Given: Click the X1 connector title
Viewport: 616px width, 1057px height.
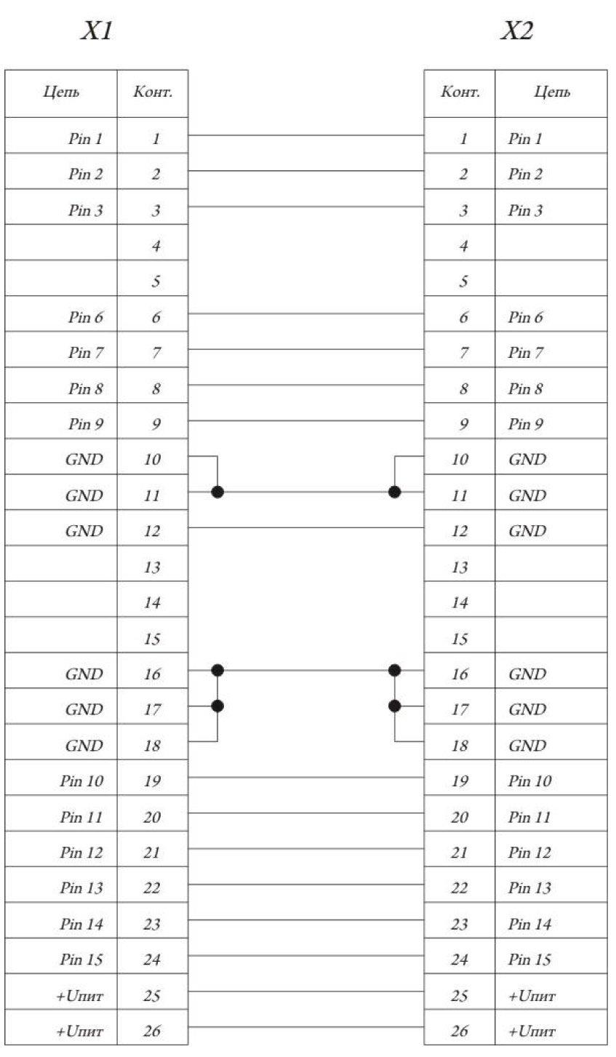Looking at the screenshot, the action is click(x=97, y=31).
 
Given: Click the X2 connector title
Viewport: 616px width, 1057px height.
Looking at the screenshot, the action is click(x=517, y=31).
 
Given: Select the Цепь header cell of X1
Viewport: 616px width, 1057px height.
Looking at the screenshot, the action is click(x=61, y=93).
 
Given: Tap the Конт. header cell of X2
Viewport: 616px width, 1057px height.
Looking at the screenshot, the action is click(x=460, y=93).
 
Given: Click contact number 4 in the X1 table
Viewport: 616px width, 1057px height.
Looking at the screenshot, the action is click(x=156, y=246).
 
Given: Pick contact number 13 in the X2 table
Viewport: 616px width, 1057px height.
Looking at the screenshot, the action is click(x=460, y=567).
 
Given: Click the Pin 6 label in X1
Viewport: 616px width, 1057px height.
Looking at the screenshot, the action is click(x=85, y=317).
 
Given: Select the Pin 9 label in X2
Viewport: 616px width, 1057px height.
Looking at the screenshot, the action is click(x=525, y=424).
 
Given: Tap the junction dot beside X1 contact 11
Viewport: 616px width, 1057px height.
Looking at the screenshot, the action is click(x=217, y=492).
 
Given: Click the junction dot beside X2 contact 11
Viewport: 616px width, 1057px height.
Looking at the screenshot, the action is click(x=395, y=492).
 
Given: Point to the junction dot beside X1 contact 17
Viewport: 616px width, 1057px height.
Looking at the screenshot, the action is click(x=217, y=706).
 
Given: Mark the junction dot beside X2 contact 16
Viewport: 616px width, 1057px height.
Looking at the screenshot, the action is click(x=395, y=670).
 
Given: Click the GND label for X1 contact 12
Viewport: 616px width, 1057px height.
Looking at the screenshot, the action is click(x=84, y=531).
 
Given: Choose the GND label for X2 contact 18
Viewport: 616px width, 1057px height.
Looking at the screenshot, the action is click(x=527, y=746).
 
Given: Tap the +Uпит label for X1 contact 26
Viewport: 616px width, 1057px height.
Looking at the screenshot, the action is click(x=79, y=1031).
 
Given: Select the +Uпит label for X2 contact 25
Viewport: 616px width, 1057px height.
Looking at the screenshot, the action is click(x=532, y=996).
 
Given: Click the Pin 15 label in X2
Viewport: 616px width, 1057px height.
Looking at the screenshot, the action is click(x=529, y=960).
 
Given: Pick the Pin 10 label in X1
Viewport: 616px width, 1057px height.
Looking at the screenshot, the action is click(x=81, y=781).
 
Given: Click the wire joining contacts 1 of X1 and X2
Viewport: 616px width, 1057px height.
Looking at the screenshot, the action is click(x=306, y=135).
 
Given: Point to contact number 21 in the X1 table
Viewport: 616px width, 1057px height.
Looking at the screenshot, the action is click(x=152, y=852).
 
